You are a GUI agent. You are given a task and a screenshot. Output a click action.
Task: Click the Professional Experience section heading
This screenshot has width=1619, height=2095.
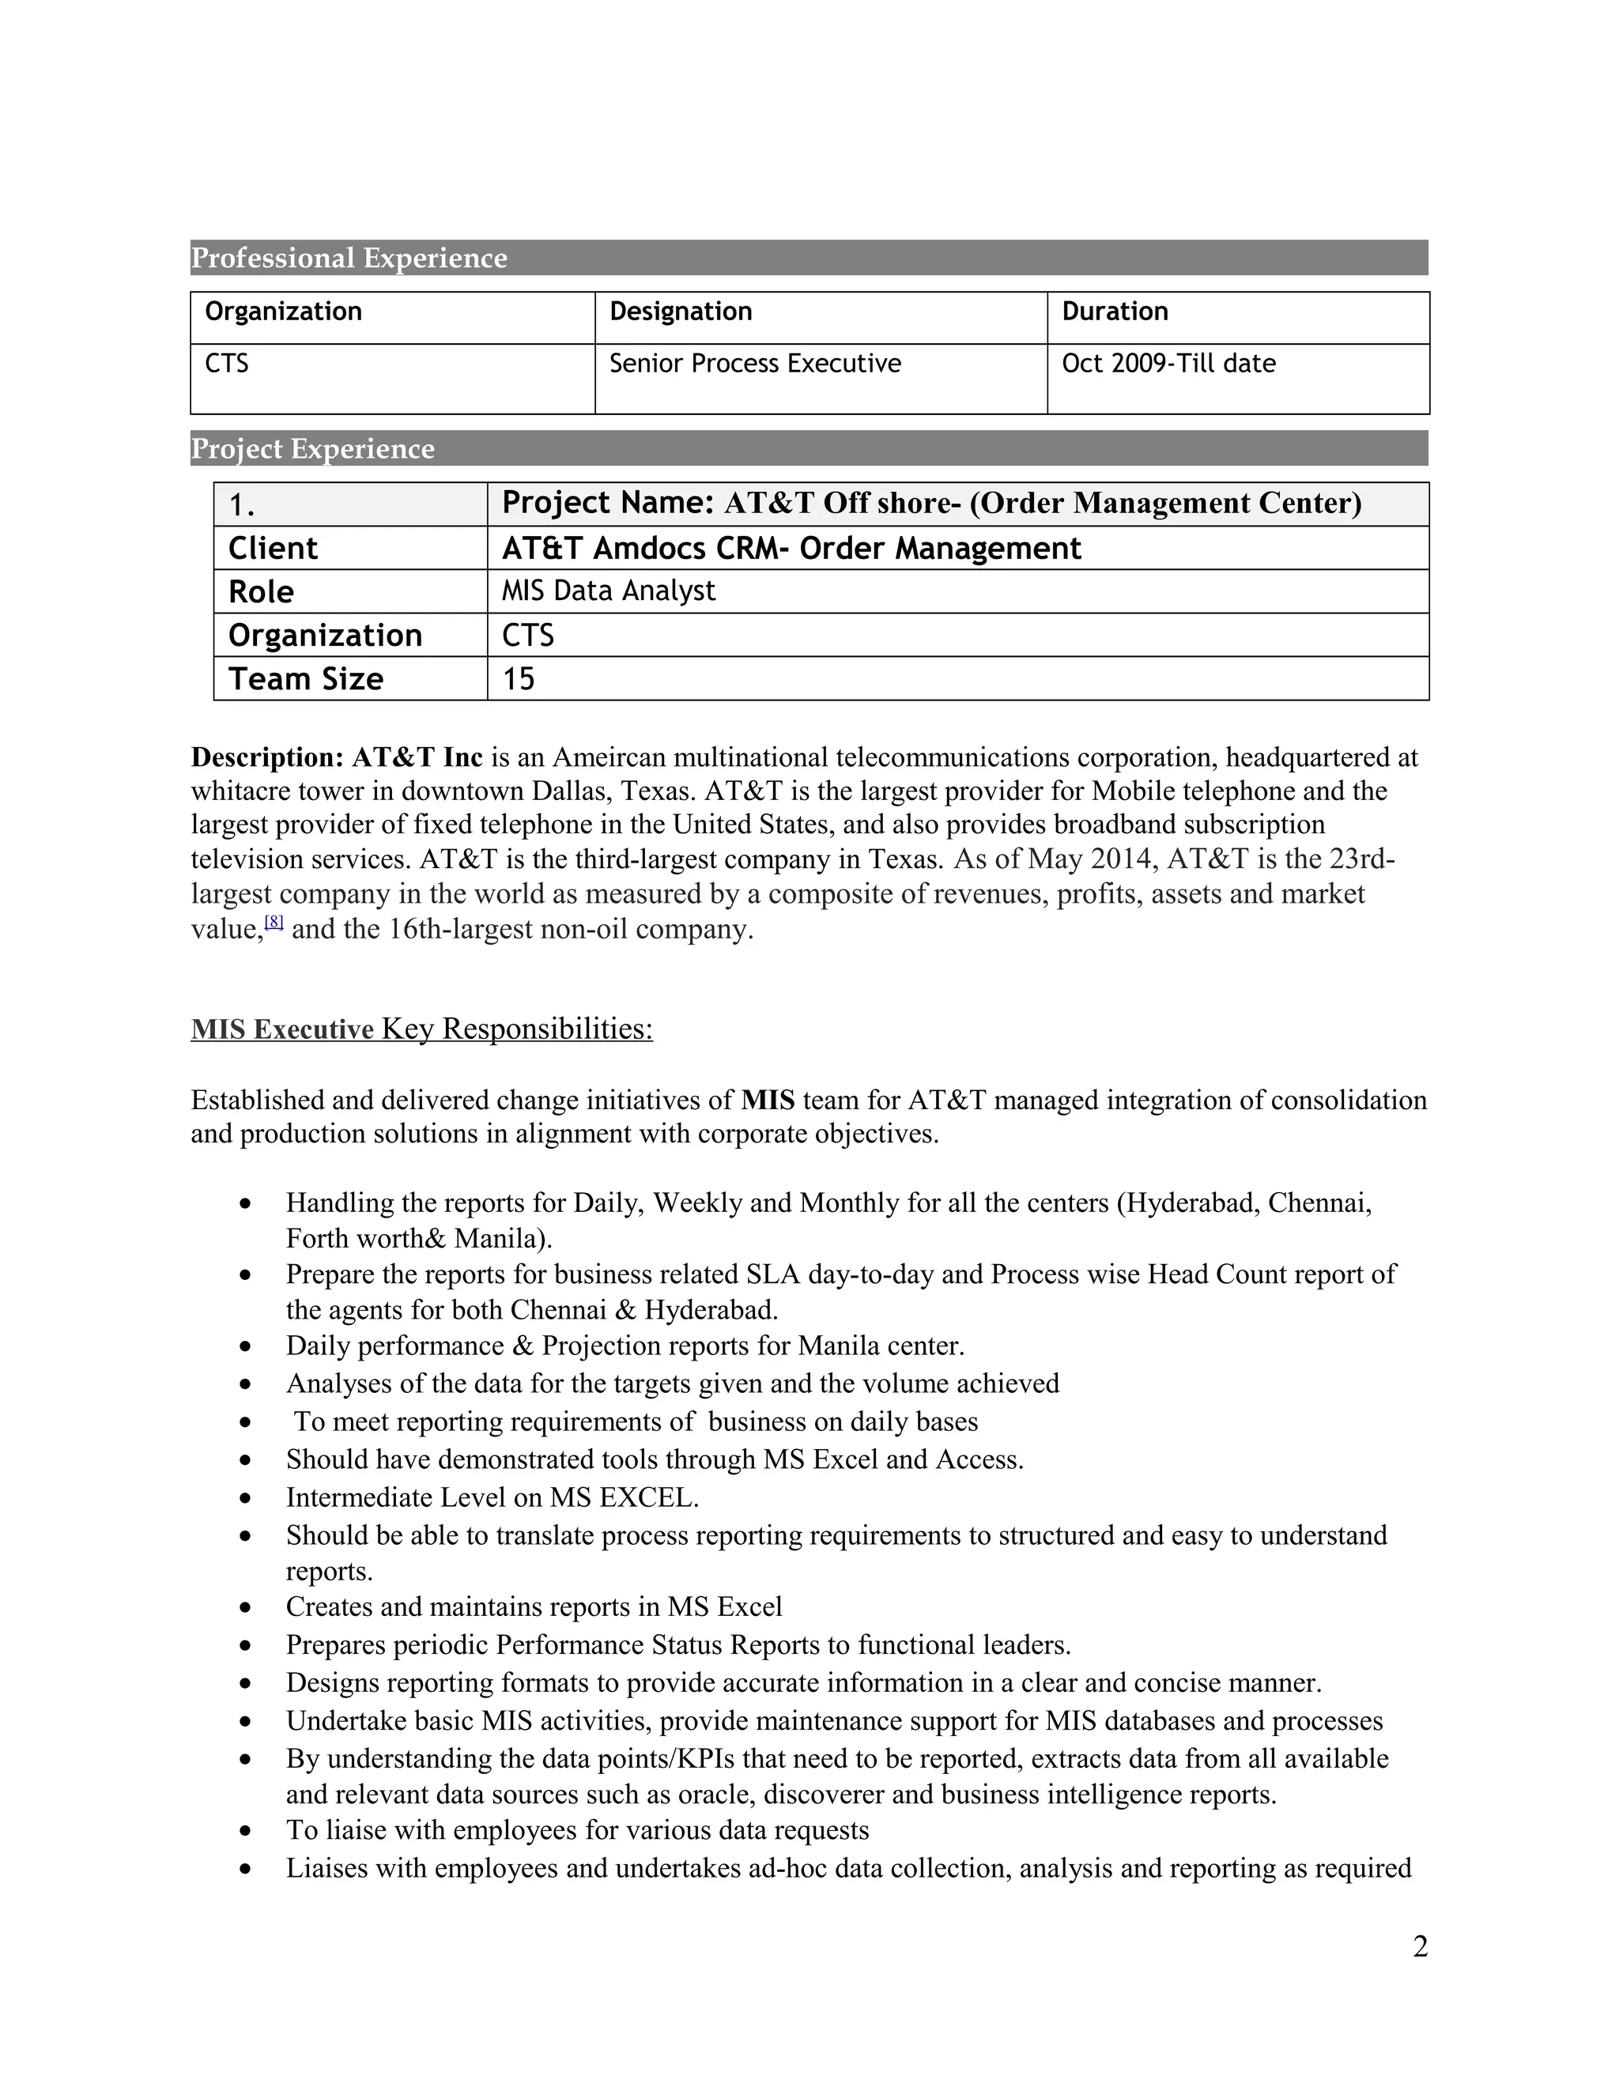pyautogui.click(x=349, y=258)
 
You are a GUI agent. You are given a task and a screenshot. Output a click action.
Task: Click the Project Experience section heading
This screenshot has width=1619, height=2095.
pyautogui.click(x=313, y=449)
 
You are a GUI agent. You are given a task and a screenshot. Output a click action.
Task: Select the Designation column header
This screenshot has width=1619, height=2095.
pyautogui.click(x=680, y=311)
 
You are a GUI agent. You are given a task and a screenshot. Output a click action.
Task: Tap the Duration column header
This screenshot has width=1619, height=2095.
pyautogui.click(x=1115, y=311)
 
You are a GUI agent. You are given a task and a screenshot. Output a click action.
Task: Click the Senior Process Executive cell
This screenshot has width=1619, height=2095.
pyautogui.click(x=755, y=364)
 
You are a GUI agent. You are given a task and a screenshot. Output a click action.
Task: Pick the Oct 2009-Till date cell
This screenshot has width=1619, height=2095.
pyautogui.click(x=1168, y=364)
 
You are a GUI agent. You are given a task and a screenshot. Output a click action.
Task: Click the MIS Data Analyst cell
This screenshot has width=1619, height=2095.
pyautogui.click(x=608, y=591)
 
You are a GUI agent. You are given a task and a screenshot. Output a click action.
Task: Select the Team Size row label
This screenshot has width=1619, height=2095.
pyautogui.click(x=305, y=679)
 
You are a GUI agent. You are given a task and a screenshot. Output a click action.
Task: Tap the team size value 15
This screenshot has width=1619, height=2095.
pyautogui.click(x=518, y=679)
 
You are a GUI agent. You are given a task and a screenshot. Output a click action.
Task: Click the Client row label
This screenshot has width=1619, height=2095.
pyautogui.click(x=273, y=549)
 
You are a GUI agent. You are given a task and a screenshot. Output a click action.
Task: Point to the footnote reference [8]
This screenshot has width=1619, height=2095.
pyautogui.click(x=274, y=922)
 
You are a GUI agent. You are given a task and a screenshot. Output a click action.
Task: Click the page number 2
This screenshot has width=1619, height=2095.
pyautogui.click(x=1420, y=1946)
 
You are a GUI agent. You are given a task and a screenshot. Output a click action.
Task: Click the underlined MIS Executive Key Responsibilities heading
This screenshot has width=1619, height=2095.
pyautogui.click(x=421, y=1029)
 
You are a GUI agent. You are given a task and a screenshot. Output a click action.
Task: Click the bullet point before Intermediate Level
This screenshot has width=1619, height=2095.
pyautogui.click(x=247, y=1498)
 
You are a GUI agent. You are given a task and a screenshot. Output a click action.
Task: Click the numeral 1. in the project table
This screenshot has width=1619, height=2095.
pyautogui.click(x=242, y=505)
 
